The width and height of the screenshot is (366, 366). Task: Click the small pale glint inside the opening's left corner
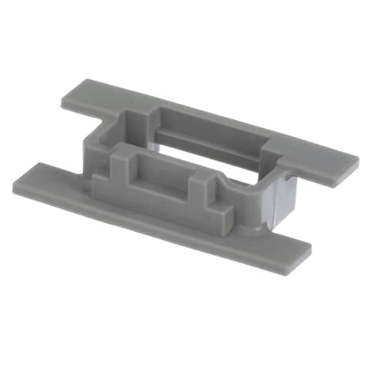(152, 146)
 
